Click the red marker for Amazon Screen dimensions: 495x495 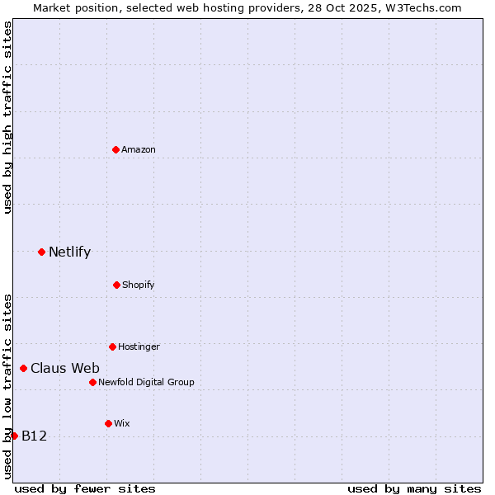pos(116,149)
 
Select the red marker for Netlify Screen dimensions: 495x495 pos(41,252)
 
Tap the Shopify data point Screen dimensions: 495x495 pos(116,285)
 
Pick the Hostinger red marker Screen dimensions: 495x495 pos(112,346)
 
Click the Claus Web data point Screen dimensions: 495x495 pos(23,368)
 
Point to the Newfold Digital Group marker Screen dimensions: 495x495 pos(92,382)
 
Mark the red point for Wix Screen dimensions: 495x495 pos(108,423)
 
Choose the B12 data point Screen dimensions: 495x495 pos(14,436)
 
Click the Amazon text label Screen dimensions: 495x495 pos(139,149)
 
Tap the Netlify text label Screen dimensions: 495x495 pos(69,252)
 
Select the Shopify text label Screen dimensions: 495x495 pos(138,285)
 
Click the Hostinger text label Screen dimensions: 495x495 pos(139,347)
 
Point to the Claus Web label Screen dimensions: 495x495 pos(65,369)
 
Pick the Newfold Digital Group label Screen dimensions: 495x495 pos(146,383)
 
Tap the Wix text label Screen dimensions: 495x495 pos(122,424)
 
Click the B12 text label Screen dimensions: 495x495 pos(34,436)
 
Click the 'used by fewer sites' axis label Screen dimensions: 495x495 pos(85,488)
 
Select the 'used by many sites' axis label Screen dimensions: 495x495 pos(414,488)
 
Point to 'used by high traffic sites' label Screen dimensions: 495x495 pos(7,117)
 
